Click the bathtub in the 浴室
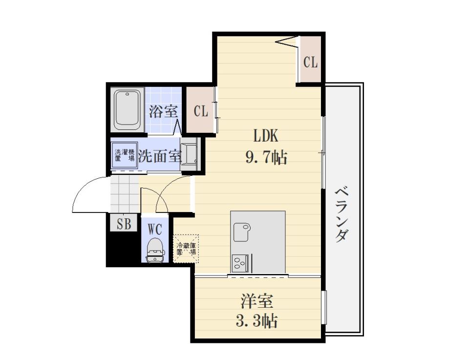(128, 109)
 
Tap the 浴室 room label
(163, 112)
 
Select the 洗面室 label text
(160, 155)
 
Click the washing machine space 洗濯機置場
(125, 155)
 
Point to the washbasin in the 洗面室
(190, 154)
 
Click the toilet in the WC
(155, 250)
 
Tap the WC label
(155, 230)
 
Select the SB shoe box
(124, 223)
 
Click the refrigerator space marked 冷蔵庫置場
(186, 249)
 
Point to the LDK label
(266, 136)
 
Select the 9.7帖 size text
(267, 157)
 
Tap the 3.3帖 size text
(257, 321)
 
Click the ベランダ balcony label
(342, 214)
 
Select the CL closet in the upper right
(310, 60)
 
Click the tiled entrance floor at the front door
(125, 194)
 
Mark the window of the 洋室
(323, 308)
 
